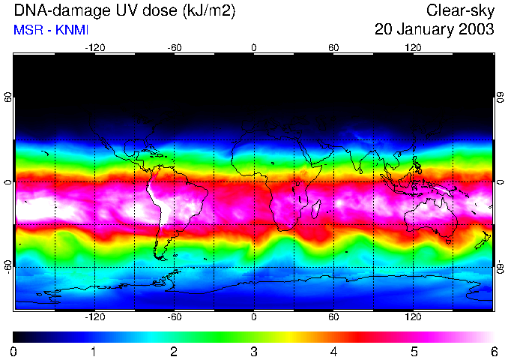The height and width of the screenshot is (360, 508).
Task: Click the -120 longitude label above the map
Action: point(94,47)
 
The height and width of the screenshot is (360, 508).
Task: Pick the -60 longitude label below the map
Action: point(174,317)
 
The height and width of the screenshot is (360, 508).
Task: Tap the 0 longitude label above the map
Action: point(254,47)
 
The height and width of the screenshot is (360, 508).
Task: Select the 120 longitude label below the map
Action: point(413,317)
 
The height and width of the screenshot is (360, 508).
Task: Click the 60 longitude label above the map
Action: point(333,47)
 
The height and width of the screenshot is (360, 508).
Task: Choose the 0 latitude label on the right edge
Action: point(500,182)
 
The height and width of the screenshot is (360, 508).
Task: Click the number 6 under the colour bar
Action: point(494,351)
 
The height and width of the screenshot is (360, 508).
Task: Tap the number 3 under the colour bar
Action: point(254,351)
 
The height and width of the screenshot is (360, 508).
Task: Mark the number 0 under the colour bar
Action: point(14,351)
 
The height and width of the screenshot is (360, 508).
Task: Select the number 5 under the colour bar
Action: point(414,351)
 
